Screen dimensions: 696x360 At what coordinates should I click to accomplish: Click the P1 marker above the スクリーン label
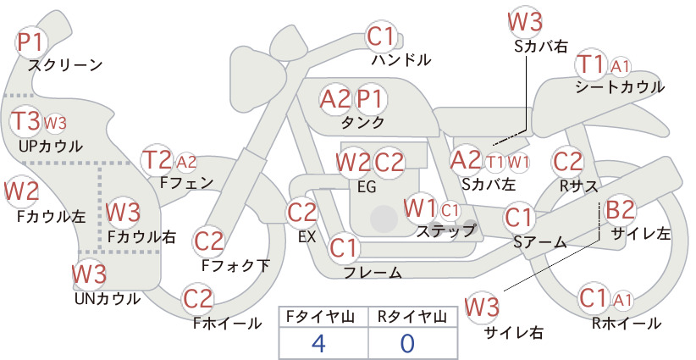(x=30, y=42)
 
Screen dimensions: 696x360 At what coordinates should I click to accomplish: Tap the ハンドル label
(x=400, y=59)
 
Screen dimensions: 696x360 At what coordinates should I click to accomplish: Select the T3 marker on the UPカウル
(x=25, y=121)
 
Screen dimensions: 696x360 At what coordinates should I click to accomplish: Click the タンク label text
(x=362, y=122)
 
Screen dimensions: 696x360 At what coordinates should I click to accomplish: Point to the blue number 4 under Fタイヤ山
(x=319, y=343)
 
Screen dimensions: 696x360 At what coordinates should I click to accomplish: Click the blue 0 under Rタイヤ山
(x=407, y=343)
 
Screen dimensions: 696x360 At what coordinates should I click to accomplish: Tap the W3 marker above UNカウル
(x=90, y=274)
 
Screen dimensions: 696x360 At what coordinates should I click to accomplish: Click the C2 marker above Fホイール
(x=198, y=299)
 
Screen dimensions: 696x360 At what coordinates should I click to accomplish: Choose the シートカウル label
(x=620, y=87)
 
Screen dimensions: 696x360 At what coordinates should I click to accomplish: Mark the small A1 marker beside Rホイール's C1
(x=622, y=301)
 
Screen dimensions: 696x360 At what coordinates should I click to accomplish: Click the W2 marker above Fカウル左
(x=22, y=191)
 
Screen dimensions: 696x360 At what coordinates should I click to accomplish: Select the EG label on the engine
(x=367, y=187)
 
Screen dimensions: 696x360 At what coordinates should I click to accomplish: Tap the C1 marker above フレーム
(x=344, y=247)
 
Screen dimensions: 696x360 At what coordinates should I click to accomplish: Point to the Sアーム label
(x=540, y=242)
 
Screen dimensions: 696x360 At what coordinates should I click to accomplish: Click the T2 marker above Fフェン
(x=157, y=160)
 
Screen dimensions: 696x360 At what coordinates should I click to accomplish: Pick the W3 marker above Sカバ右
(x=525, y=22)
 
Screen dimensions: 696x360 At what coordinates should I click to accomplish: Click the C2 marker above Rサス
(x=567, y=161)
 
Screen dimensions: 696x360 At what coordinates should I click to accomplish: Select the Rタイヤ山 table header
(x=412, y=317)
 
